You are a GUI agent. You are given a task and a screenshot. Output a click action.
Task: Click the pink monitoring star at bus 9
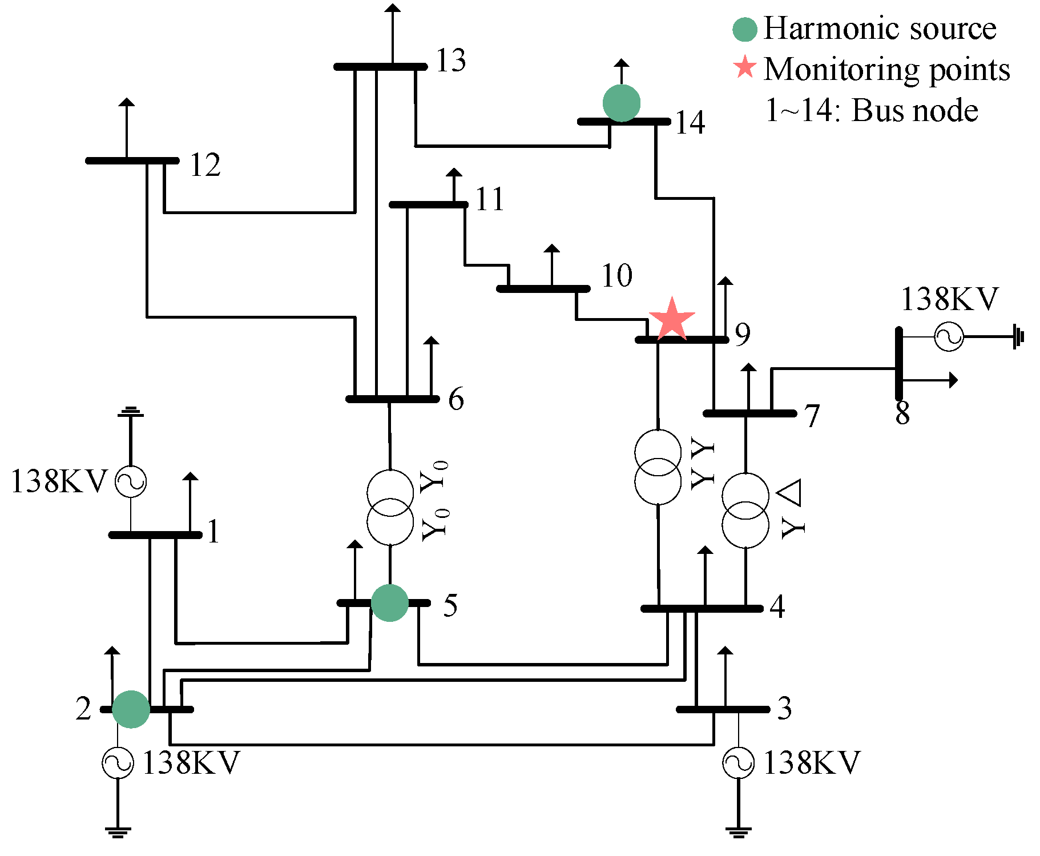point(672,320)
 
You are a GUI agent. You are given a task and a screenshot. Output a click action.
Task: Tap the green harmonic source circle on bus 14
point(622,103)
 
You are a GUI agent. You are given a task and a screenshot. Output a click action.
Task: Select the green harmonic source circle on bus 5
point(390,602)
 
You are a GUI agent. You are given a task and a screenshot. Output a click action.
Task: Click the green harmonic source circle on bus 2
point(131,709)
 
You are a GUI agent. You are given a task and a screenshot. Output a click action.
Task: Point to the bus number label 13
point(451,61)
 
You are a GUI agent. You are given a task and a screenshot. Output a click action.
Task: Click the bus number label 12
point(205,166)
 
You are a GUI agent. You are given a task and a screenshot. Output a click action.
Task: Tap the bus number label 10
point(617,276)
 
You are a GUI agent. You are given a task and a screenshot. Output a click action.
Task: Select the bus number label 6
point(456,399)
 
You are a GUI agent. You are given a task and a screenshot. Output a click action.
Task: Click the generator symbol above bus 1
point(131,481)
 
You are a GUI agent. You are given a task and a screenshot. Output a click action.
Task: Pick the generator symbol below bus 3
point(738,763)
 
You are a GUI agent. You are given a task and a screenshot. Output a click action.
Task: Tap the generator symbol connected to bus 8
point(949,336)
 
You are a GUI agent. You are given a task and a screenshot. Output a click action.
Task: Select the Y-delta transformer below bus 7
point(745,511)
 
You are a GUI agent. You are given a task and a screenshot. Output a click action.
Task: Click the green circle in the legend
point(745,29)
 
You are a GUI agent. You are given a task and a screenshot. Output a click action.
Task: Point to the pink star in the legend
point(745,67)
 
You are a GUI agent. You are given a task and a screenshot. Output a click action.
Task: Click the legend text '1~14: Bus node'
point(872,110)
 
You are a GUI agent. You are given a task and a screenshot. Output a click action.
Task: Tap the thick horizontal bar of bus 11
point(428,204)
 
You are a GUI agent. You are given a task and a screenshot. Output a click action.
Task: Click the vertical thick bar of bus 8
point(898,363)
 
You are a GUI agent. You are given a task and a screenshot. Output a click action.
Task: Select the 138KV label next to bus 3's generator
point(811,763)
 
